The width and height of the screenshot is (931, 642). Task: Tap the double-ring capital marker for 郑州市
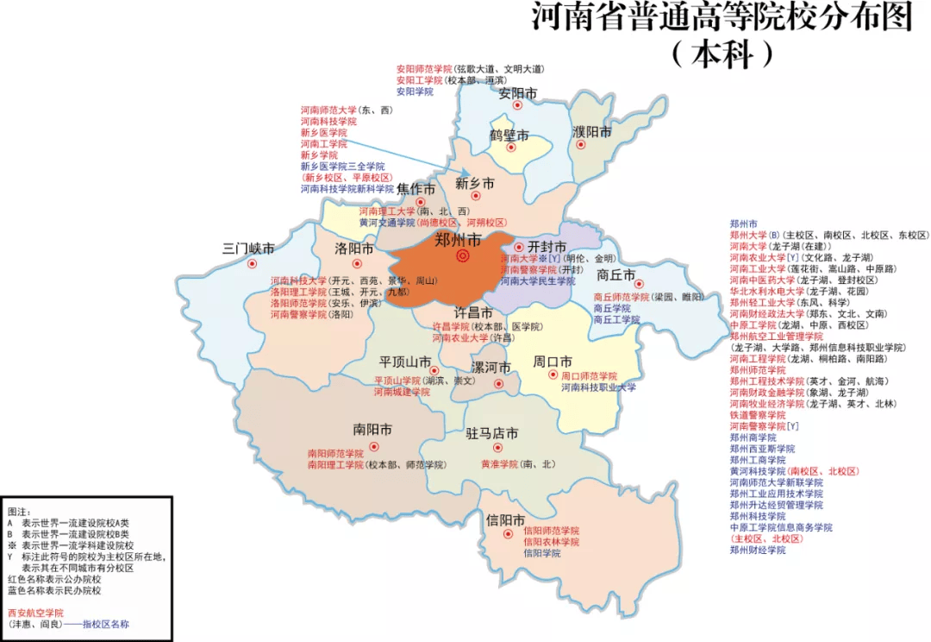[463, 256]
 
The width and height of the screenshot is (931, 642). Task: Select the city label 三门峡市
[248, 249]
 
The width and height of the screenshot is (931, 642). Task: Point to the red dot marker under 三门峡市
[252, 264]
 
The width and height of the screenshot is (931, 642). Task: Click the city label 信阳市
[505, 520]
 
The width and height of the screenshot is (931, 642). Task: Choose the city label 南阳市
[372, 430]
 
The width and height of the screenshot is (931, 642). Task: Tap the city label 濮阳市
[591, 132]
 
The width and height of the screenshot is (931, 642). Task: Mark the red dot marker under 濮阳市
[581, 145]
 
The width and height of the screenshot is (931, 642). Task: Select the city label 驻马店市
[492, 433]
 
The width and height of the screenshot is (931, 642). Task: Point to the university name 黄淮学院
[499, 464]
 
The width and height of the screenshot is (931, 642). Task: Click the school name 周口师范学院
[590, 376]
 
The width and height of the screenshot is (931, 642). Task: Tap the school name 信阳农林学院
[551, 542]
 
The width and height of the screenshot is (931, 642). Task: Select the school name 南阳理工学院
[335, 464]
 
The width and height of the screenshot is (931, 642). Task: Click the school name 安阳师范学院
[424, 68]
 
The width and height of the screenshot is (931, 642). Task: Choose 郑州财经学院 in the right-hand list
[758, 550]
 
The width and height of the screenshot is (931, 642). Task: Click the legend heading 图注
[18, 512]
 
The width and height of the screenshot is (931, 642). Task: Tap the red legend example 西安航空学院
[35, 613]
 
